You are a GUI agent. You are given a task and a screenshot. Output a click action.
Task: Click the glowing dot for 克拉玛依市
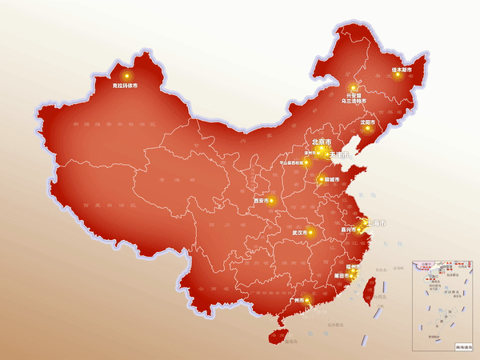click(126, 76)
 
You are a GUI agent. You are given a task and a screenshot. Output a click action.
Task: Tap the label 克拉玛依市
click(125, 85)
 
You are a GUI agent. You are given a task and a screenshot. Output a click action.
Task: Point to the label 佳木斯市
click(402, 70)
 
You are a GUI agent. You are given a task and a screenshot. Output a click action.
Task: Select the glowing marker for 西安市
click(272, 200)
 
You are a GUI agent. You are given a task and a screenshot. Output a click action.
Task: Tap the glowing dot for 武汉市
click(311, 233)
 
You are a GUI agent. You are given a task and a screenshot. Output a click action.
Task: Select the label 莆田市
click(342, 275)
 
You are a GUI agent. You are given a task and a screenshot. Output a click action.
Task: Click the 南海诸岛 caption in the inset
click(464, 346)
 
